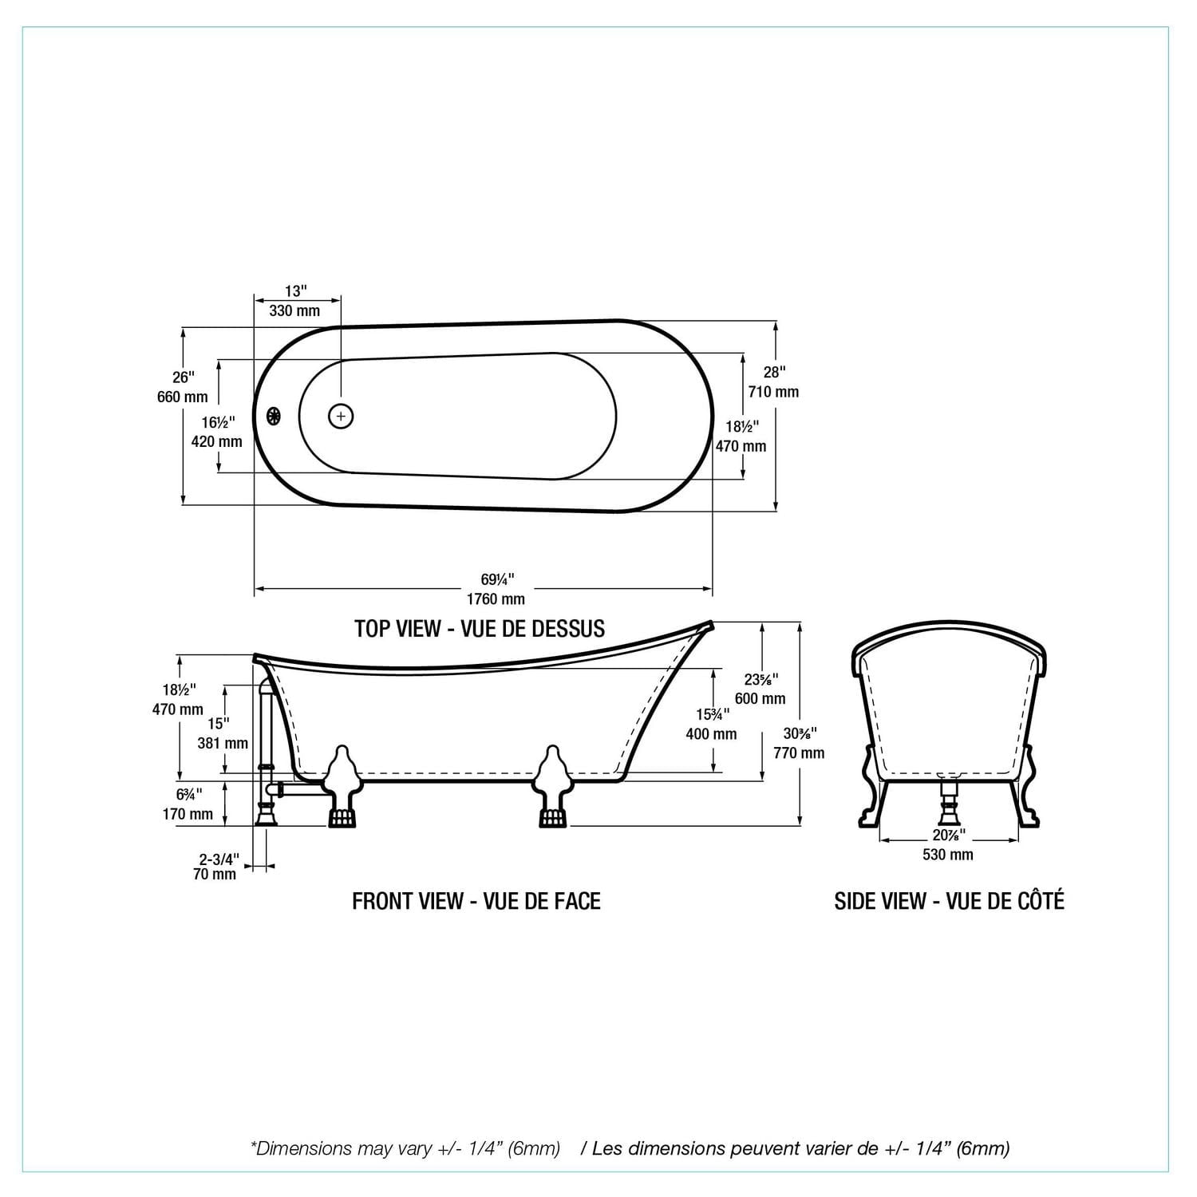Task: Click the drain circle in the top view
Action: click(x=341, y=416)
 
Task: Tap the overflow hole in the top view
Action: click(x=274, y=416)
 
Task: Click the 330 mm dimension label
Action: click(x=294, y=310)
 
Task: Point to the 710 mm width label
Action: click(x=773, y=391)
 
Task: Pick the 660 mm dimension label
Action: click(x=182, y=397)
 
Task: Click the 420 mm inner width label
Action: click(x=216, y=440)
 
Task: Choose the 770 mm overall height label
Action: click(x=799, y=753)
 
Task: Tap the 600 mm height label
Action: click(x=760, y=698)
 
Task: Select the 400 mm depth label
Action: click(x=711, y=733)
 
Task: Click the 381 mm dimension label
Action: click(x=223, y=743)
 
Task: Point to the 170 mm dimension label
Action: click(x=188, y=814)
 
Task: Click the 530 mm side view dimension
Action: click(x=948, y=855)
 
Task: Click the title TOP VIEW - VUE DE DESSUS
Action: click(x=480, y=629)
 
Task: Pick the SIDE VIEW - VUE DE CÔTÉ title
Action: click(x=949, y=901)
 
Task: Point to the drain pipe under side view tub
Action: click(x=949, y=802)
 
